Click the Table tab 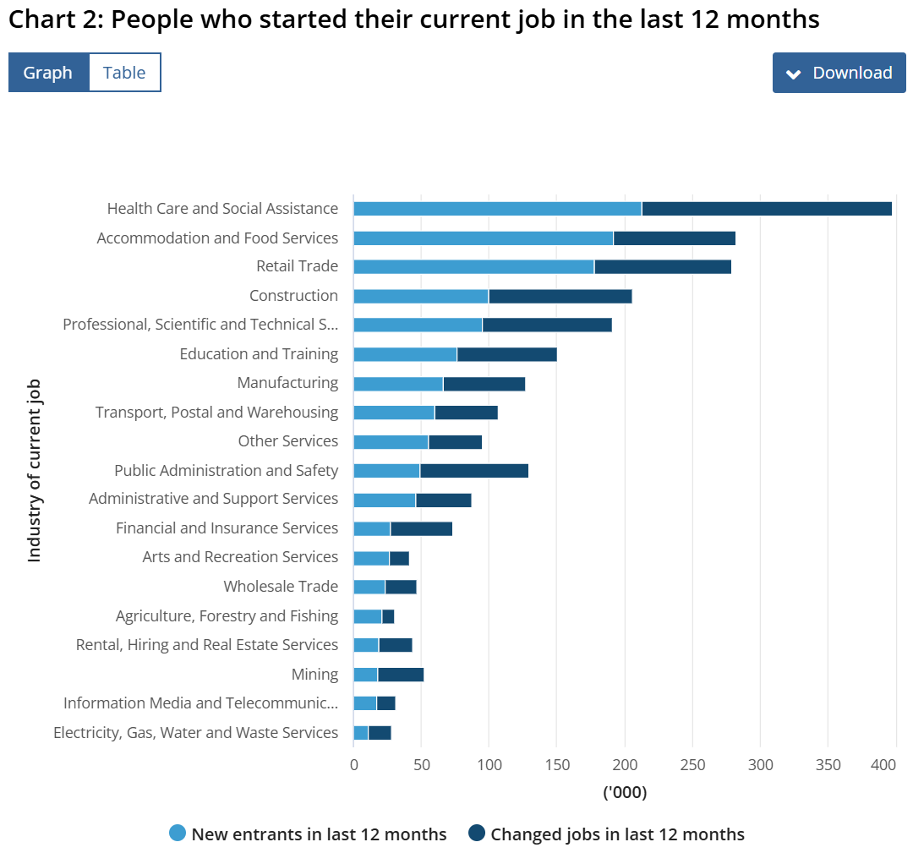pos(124,73)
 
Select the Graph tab pos(48,73)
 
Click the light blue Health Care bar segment pos(497,209)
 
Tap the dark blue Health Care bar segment pos(767,209)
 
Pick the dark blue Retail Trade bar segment pos(663,267)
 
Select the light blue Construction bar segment pos(421,296)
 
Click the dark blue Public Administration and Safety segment pos(474,471)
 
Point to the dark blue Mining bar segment pos(401,675)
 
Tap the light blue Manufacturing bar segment pos(398,384)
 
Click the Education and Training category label pos(259,354)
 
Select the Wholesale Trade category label pos(281,587)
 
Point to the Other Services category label pos(287,441)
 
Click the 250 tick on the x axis pos(692,765)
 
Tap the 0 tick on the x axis pos(353,765)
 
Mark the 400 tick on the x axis pos(883,765)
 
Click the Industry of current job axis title pos(35,470)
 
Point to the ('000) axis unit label pos(625,793)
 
